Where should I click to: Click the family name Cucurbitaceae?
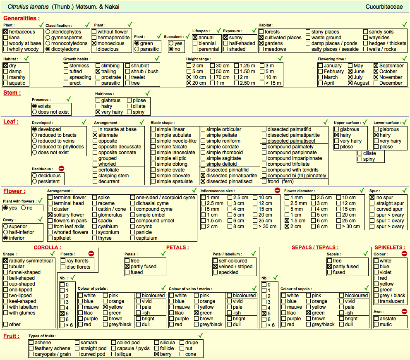384,7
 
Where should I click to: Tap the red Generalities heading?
22,18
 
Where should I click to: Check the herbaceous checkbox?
6,32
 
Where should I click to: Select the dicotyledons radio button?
48,49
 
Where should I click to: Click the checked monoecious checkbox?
94,43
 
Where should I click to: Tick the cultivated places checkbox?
261,38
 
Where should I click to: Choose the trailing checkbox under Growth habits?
98,72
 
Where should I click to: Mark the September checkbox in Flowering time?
376,66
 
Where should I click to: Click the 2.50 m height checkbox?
236,83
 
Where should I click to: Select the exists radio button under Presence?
34,106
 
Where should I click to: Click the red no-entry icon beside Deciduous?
62,169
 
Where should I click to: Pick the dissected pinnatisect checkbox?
203,181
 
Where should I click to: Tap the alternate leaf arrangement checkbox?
95,135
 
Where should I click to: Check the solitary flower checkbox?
50,215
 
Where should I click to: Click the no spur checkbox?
372,198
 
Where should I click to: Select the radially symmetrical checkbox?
6,261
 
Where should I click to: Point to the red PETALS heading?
177,248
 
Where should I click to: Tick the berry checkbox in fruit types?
157,354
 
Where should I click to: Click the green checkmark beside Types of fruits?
201,335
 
